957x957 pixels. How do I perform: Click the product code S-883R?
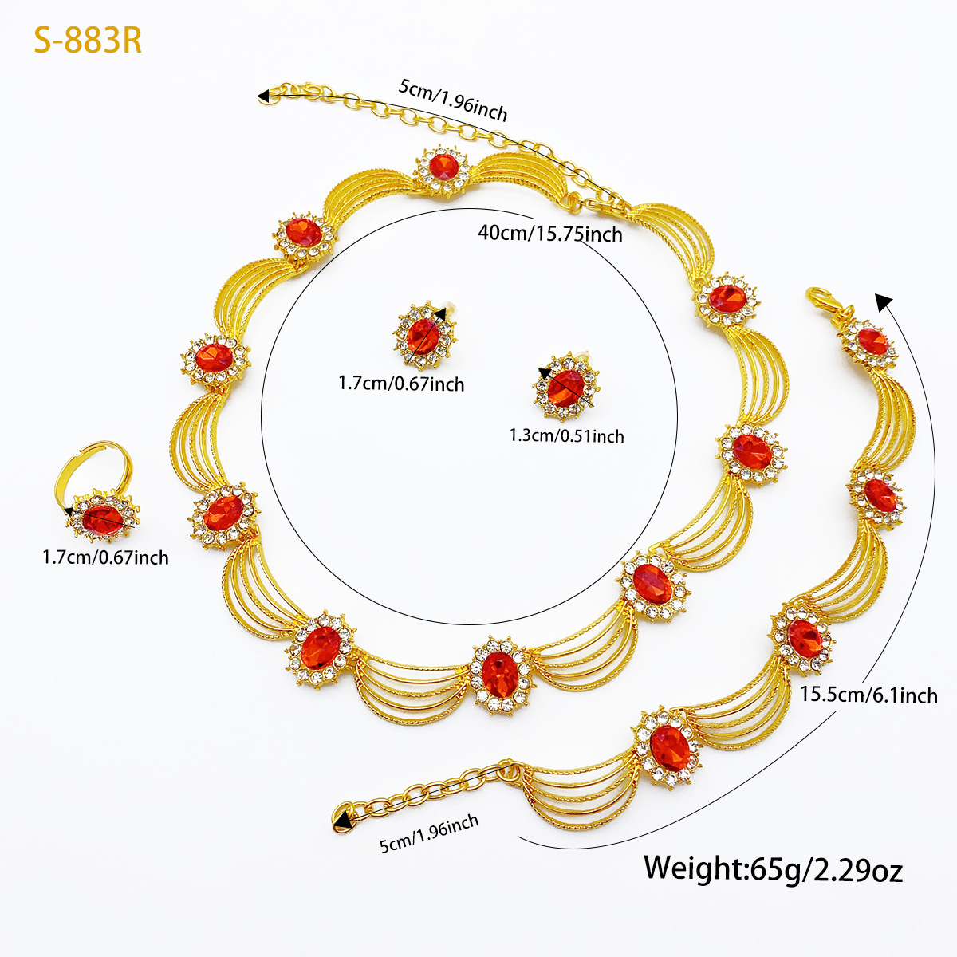point(88,40)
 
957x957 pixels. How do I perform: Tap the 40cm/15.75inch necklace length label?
point(550,234)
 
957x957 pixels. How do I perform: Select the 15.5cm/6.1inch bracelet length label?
point(868,695)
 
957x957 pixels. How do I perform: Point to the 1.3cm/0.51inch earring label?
point(567,436)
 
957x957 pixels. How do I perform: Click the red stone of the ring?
point(103,519)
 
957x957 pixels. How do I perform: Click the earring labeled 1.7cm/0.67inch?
point(424,336)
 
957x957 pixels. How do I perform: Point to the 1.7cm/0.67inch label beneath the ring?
point(105,557)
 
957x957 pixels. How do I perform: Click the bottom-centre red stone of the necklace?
point(500,675)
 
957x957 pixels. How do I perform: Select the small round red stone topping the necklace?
point(443,167)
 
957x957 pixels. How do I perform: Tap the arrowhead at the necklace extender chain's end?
point(263,96)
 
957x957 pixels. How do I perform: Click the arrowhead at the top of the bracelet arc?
point(883,301)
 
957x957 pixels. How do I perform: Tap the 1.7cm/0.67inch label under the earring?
point(401,384)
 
